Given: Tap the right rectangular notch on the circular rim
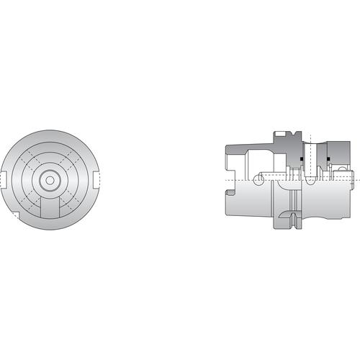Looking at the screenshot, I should coord(96,179).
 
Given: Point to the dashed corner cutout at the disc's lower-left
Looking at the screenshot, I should coord(15,215).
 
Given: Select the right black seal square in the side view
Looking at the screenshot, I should coord(328,159).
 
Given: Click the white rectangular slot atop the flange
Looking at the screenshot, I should coord(277,135).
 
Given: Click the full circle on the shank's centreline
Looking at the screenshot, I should coord(257,176).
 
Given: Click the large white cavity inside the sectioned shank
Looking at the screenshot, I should coord(245,162).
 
